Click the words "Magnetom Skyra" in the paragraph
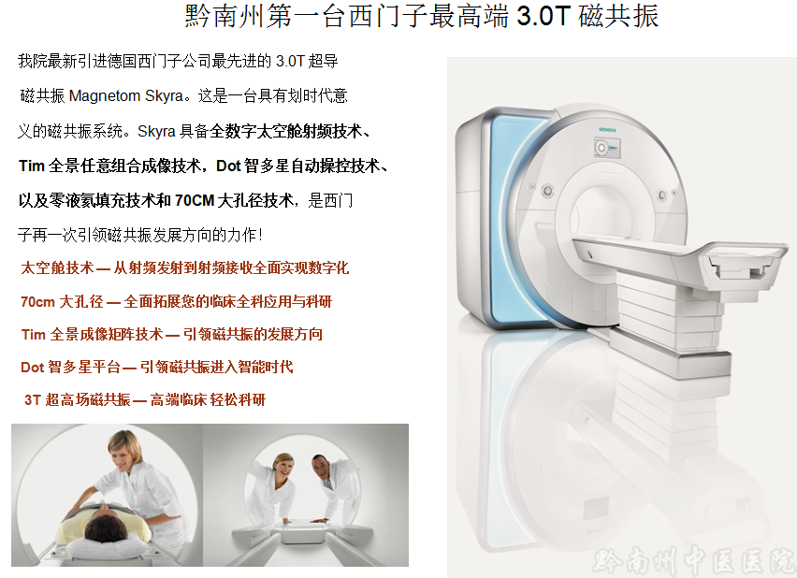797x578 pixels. pos(125,95)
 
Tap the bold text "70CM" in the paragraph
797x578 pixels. pos(195,200)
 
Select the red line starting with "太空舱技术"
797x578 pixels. pos(185,267)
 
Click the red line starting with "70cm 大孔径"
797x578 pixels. pos(176,301)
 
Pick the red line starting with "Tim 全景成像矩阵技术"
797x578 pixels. pos(172,334)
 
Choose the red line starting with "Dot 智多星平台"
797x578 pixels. pos(157,367)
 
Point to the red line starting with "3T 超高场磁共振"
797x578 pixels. pos(145,399)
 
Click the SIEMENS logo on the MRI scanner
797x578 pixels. pos(607,130)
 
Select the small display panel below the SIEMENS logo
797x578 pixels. pos(607,148)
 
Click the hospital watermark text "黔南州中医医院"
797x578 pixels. pos(693,561)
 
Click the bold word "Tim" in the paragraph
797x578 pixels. pos(32,166)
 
